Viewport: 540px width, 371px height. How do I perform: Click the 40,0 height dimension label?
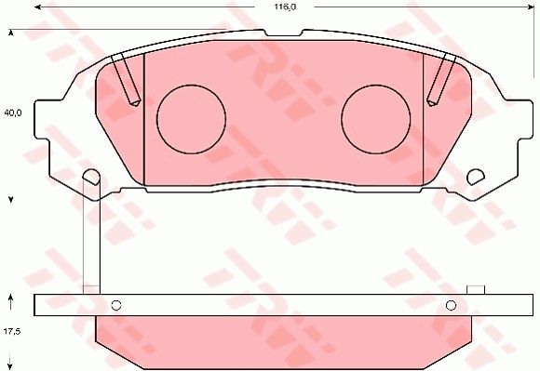coord(12,113)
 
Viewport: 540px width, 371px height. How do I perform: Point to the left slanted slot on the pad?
coord(125,80)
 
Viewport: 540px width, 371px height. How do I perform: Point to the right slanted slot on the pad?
coord(442,80)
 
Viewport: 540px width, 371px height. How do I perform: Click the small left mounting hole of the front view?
coord(91,177)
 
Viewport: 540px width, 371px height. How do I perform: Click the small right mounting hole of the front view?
coord(475,177)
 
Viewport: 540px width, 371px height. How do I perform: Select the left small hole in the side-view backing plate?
coord(116,305)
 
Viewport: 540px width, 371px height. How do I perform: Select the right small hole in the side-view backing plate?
coord(451,305)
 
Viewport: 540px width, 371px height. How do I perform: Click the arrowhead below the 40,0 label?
coord(11,200)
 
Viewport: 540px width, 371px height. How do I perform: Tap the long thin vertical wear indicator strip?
coord(91,237)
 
